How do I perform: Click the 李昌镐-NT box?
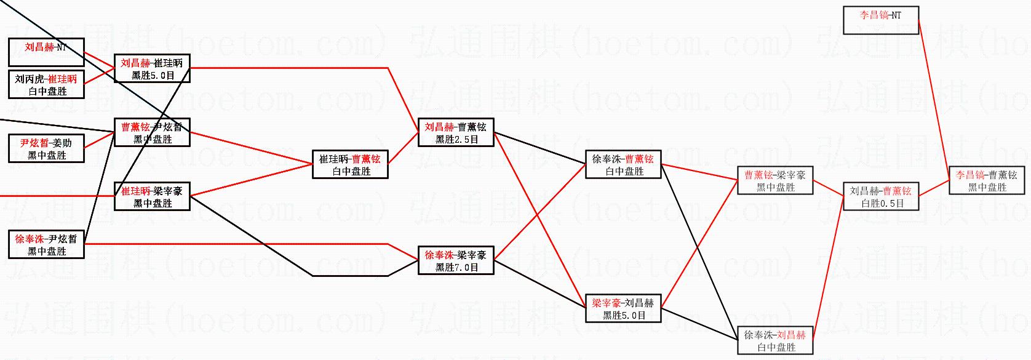(x=881, y=20)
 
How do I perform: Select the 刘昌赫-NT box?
(x=46, y=52)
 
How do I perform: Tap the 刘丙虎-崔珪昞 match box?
(x=46, y=84)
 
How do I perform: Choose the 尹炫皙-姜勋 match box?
(x=46, y=148)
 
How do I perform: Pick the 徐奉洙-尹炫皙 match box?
(x=46, y=244)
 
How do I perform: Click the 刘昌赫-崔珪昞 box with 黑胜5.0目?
(x=152, y=68)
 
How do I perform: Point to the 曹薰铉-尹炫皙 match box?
(x=152, y=132)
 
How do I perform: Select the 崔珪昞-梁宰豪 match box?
(x=152, y=196)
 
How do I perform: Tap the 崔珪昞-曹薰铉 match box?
(x=350, y=164)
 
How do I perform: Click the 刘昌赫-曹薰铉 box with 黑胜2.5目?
(x=456, y=132)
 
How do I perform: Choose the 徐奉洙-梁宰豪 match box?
(x=456, y=260)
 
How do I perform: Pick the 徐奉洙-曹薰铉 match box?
(x=623, y=164)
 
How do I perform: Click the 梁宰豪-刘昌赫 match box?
(x=623, y=308)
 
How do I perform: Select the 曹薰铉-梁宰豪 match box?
(x=775, y=180)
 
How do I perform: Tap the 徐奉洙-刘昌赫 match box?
(x=775, y=340)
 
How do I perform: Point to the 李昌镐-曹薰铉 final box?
(x=987, y=180)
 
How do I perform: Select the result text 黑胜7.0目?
(x=456, y=267)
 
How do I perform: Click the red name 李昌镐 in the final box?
(x=970, y=175)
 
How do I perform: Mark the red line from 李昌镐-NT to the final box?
(x=934, y=98)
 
